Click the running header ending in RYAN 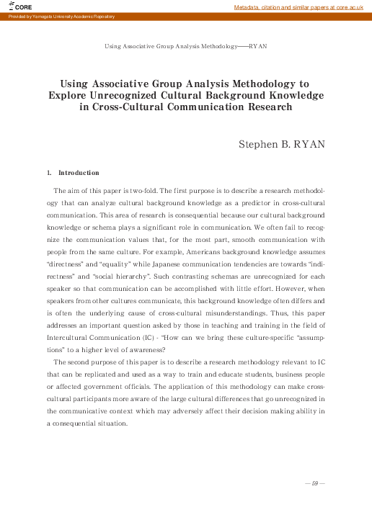coord(186,45)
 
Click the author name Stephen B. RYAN coord(282,144)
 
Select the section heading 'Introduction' coord(79,174)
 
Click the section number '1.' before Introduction coord(49,174)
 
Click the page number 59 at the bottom coord(315,483)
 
